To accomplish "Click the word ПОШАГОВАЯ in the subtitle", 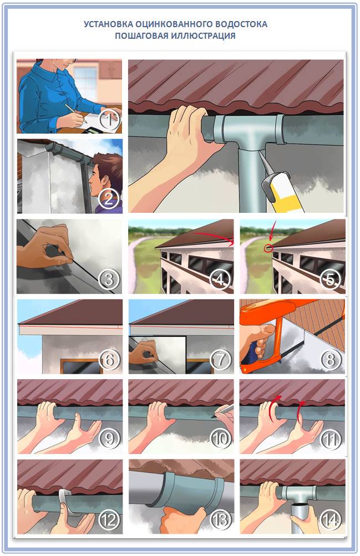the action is pos(143,36).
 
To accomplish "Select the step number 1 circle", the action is pos(110,121).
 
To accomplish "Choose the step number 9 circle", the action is pos(110,439).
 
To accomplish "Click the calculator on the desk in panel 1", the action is pos(93,130).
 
